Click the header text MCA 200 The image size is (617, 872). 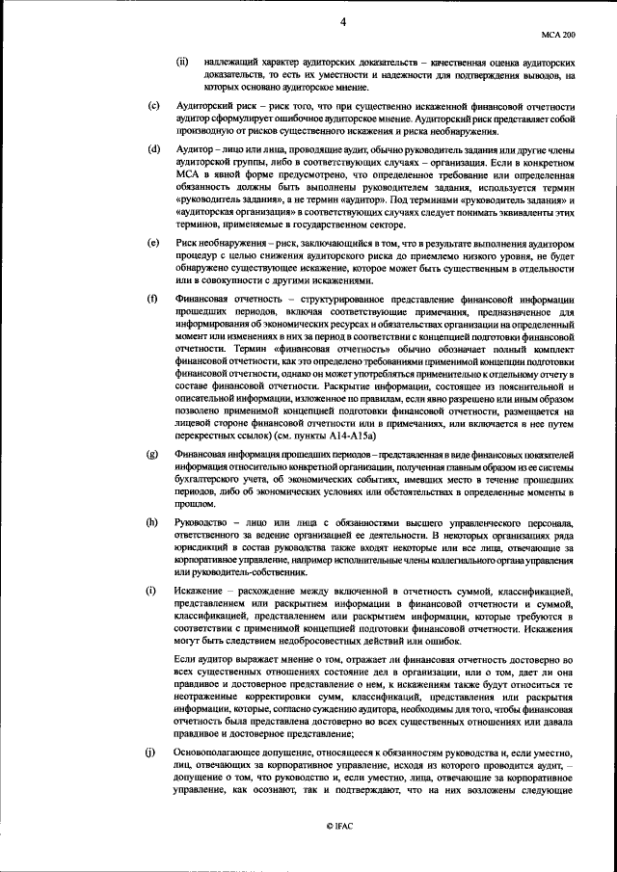click(570, 32)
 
